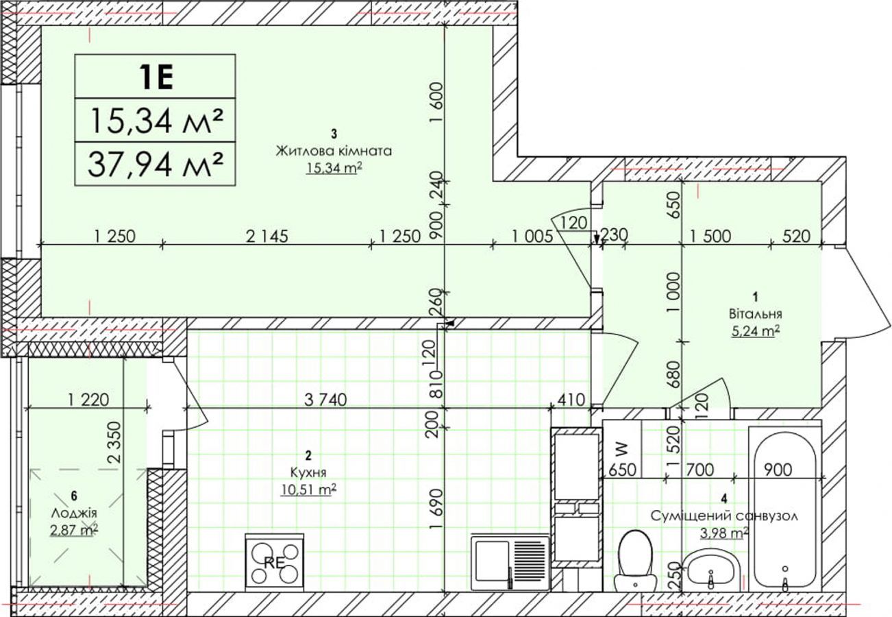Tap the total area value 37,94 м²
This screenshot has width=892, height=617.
tap(155, 165)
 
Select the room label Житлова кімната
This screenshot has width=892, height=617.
tap(334, 152)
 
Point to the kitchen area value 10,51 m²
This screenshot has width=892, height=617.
tap(308, 489)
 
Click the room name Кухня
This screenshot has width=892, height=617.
tap(308, 473)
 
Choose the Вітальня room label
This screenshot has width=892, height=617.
tap(756, 314)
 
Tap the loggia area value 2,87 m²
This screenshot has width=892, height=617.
tap(74, 530)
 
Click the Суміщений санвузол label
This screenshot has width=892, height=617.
tap(724, 516)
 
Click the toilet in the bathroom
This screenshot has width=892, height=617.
tap(635, 561)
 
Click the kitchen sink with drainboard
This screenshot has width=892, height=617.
tap(510, 562)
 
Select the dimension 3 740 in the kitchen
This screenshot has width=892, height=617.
tap(325, 400)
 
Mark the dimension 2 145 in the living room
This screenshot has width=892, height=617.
tap(267, 237)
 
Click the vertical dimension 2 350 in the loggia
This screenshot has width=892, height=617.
tap(114, 442)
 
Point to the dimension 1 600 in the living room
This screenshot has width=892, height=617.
tap(437, 102)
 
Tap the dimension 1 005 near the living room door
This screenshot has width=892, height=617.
tap(533, 237)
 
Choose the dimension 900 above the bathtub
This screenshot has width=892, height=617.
tap(778, 470)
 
